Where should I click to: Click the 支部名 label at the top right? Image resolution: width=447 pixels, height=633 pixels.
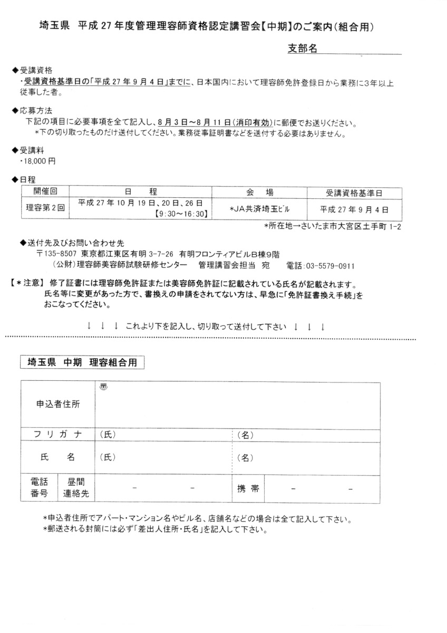(x=302, y=49)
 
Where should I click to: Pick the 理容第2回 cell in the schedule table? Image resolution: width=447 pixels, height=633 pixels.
(x=45, y=208)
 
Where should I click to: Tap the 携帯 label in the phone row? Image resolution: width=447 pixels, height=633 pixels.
(x=248, y=488)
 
